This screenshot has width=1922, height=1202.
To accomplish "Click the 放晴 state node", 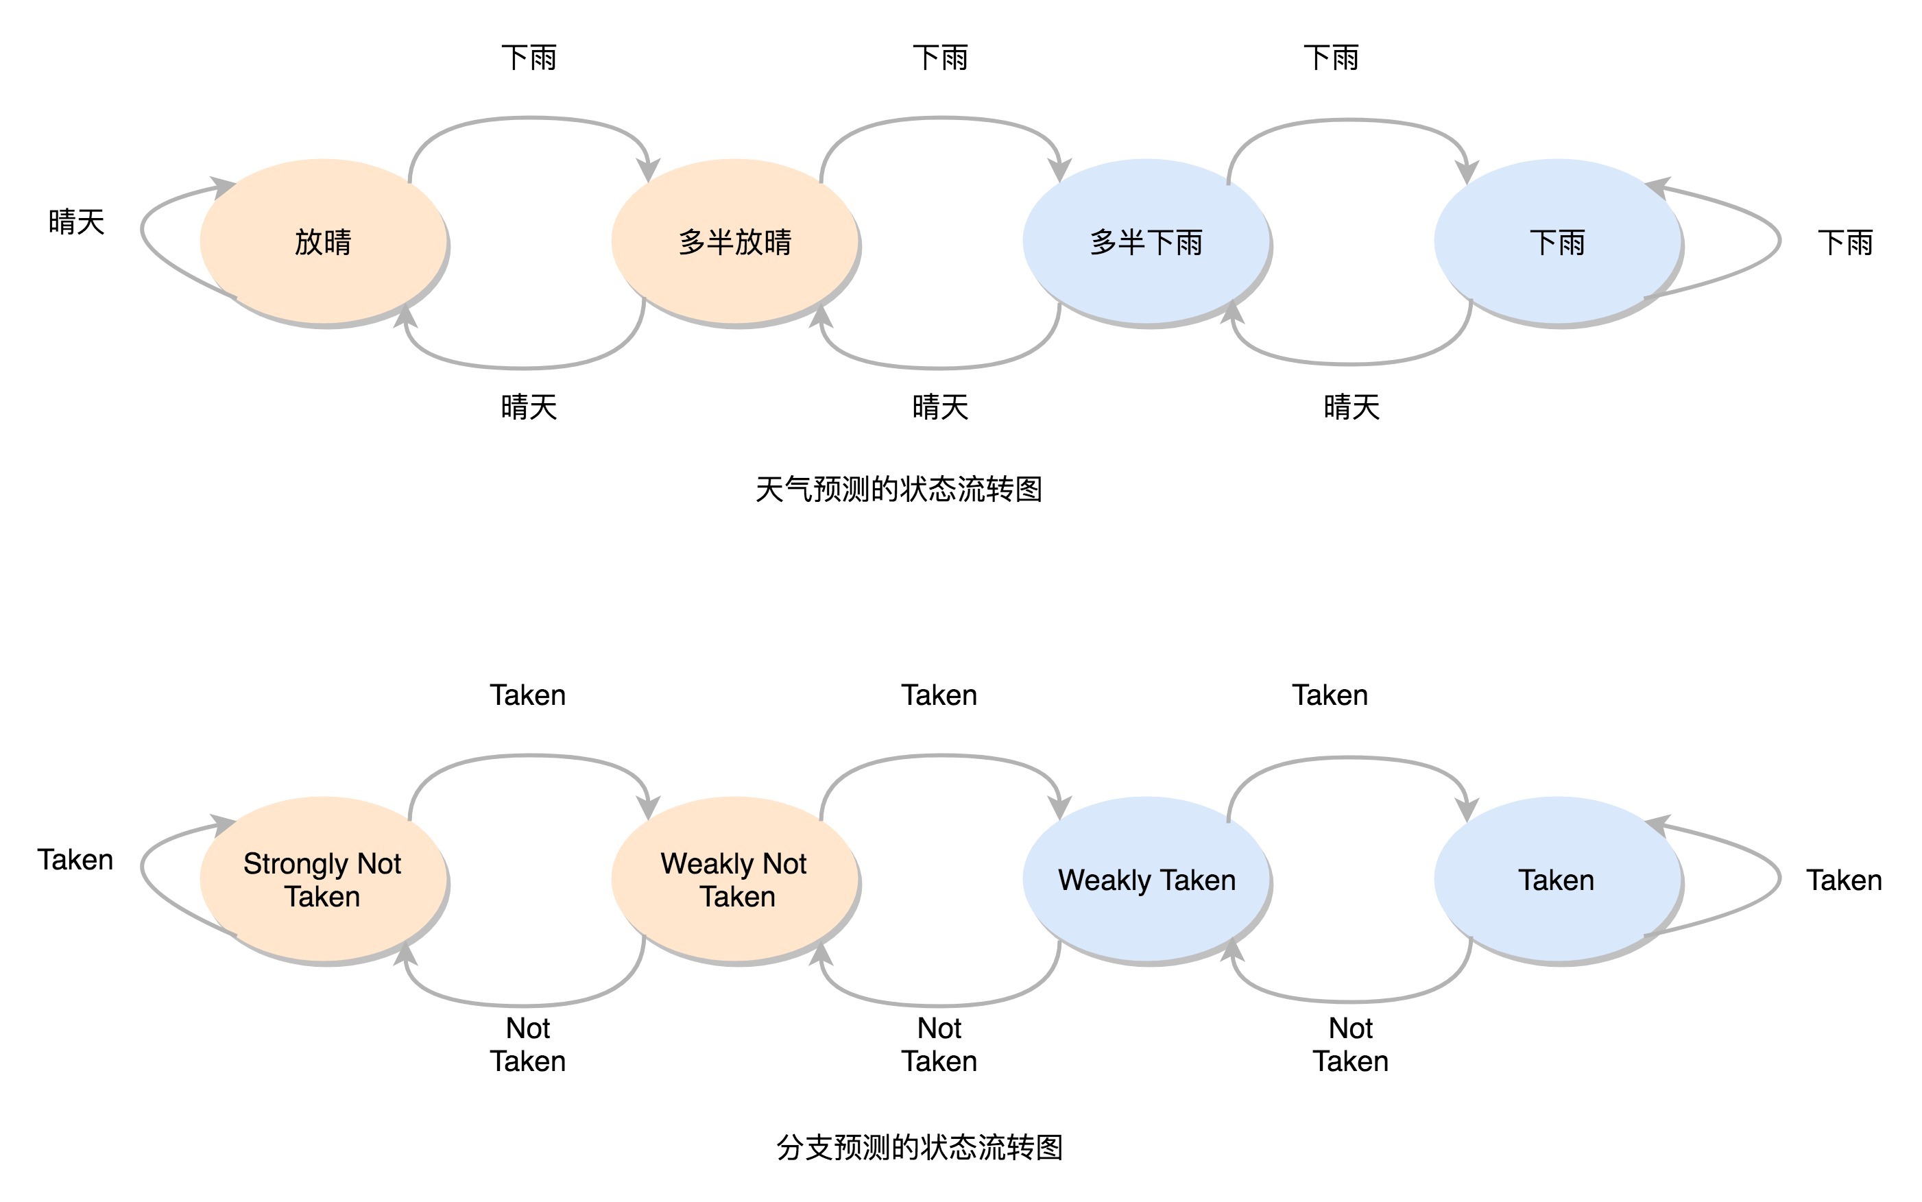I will tap(323, 241).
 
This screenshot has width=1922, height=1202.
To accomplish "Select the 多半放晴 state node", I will tap(734, 241).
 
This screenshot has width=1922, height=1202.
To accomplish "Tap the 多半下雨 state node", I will tap(1145, 241).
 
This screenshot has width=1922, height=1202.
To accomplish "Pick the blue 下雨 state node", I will tap(1557, 241).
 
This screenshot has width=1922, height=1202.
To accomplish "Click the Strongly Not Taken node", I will tap(323, 879).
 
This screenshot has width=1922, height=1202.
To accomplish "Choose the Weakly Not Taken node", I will tap(734, 879).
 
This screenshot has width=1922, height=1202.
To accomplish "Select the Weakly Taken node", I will tap(1145, 879).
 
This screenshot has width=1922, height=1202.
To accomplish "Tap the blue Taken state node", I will tap(1557, 879).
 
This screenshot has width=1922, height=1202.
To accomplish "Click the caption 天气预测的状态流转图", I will tap(898, 489).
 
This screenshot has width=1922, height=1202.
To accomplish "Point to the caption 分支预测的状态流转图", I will tap(919, 1147).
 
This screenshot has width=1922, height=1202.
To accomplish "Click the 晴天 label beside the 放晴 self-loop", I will tap(76, 221).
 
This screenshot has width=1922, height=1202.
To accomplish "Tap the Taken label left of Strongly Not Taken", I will tap(75, 859).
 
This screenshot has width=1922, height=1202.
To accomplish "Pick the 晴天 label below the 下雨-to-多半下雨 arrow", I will tap(1352, 407).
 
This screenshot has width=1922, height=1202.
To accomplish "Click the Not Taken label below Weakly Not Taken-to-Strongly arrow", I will tap(528, 1044).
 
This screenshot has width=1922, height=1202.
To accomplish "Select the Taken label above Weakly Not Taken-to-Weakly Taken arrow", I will tap(939, 695).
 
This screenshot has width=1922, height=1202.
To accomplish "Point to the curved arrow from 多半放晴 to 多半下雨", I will tap(940, 119).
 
